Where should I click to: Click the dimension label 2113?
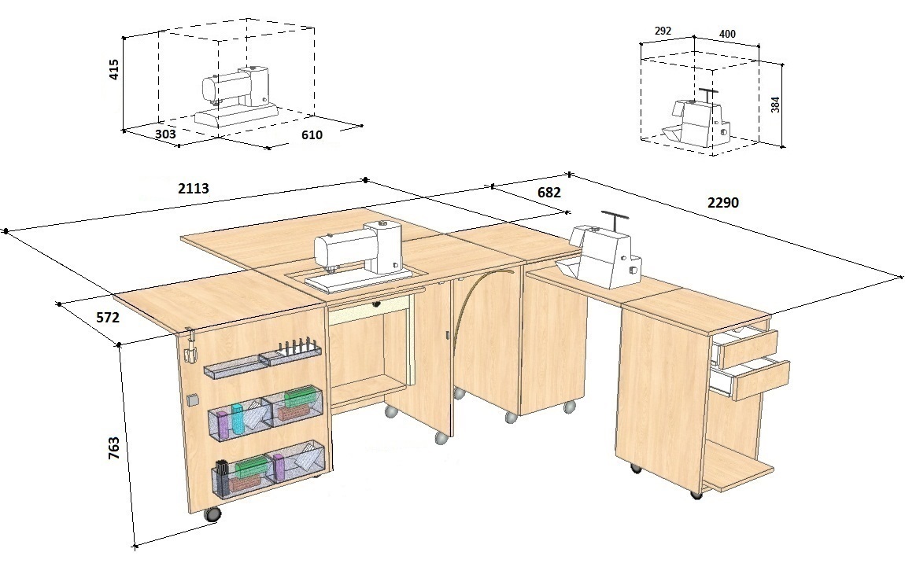[194, 189]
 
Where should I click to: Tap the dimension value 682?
[549, 192]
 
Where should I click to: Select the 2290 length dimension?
[722, 202]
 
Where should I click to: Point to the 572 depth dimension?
[107, 317]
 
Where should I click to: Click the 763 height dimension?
[113, 448]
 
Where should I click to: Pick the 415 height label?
[113, 69]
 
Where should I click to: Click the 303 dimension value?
[165, 134]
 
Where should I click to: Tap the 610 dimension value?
[312, 135]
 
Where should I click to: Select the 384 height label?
[775, 105]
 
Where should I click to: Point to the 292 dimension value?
[663, 31]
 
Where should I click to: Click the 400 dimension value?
[727, 34]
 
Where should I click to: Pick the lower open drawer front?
[761, 381]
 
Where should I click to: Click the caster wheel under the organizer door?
[212, 514]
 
